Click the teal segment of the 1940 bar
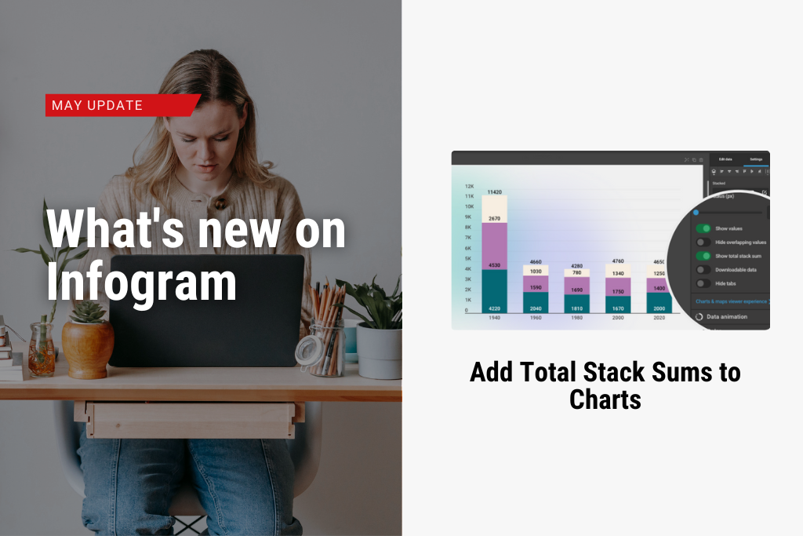pos(494,290)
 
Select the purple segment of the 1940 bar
pos(494,246)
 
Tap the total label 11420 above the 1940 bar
pos(494,191)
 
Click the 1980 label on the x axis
pos(576,319)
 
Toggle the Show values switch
pos(703,228)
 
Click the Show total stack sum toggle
pos(703,256)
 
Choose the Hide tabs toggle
pos(703,283)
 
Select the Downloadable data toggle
pos(703,270)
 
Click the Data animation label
pos(726,316)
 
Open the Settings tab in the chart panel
pos(755,159)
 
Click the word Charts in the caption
pos(605,399)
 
